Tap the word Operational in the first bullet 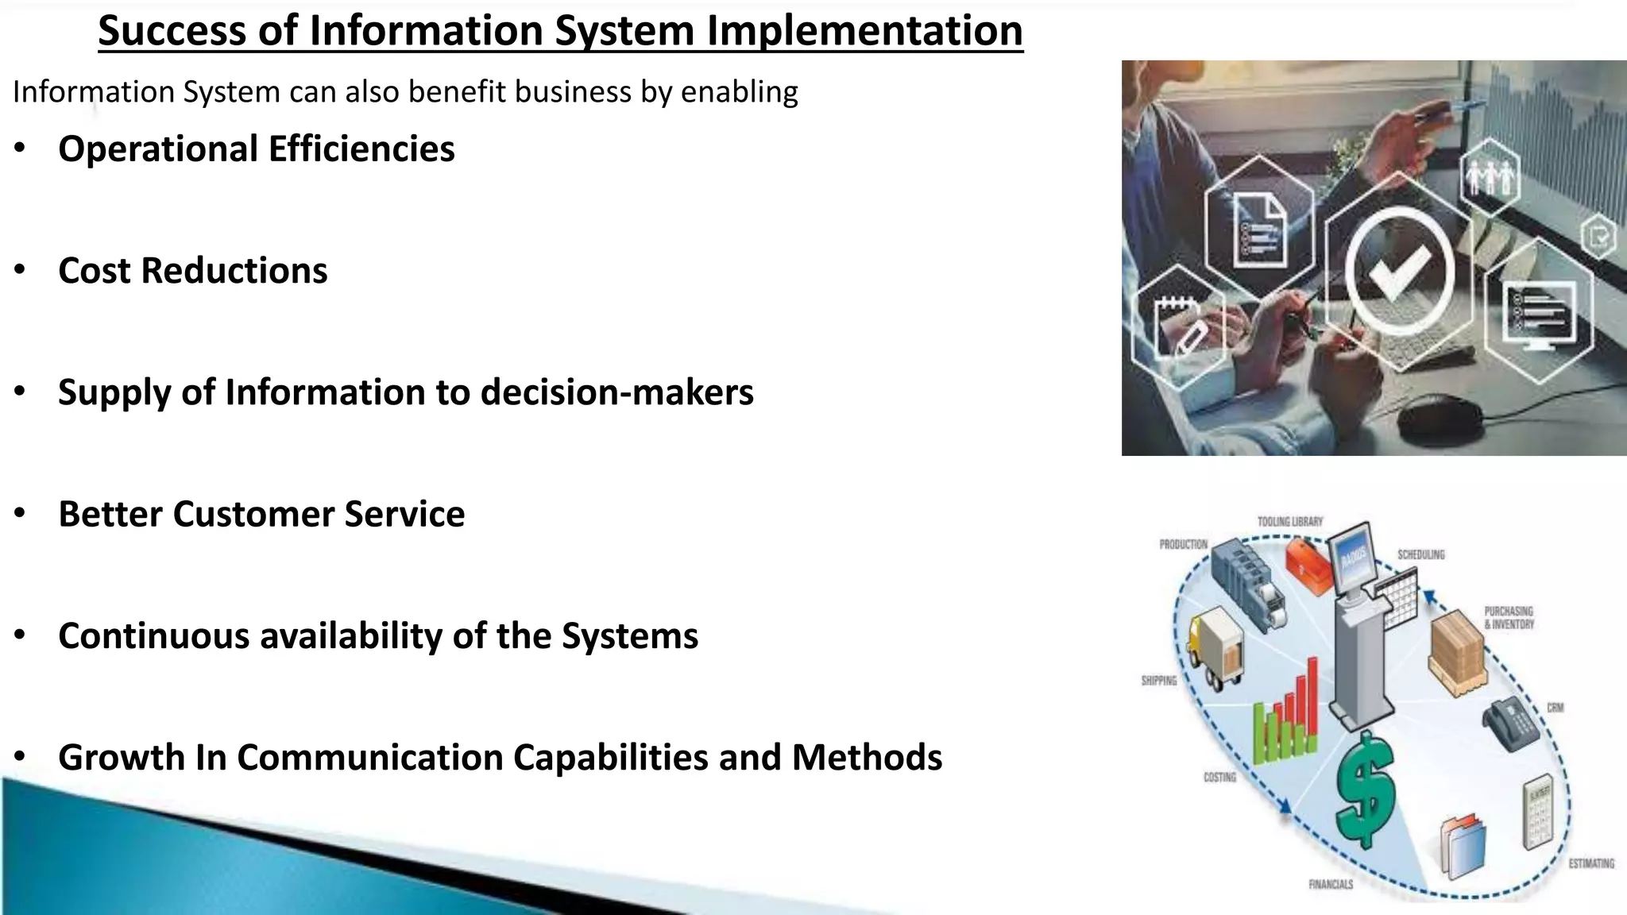[x=157, y=149]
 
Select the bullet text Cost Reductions [x=192, y=271]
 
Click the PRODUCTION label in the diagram [x=1183, y=545]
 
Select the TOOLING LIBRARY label [x=1290, y=522]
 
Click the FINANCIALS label [x=1330, y=884]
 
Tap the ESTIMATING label [x=1590, y=863]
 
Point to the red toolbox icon [x=1307, y=566]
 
